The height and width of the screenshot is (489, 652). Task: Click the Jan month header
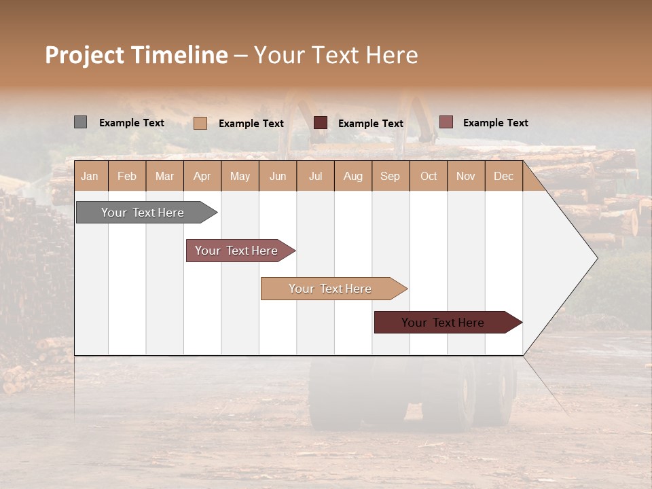point(90,176)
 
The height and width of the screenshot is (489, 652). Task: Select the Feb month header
point(127,176)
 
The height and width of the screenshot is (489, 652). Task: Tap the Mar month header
point(164,176)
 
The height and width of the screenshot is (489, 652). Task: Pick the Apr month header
point(202,176)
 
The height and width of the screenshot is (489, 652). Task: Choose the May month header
point(240,176)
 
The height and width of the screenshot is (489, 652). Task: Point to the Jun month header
point(278,176)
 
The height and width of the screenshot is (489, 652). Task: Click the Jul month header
point(315,176)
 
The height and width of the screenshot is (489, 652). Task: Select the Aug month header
point(352,176)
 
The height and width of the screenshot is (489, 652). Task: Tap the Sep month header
point(390,176)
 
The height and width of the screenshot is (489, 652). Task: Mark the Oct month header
point(429,176)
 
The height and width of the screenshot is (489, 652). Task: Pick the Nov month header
point(466,176)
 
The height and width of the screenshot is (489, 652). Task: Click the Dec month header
point(503,176)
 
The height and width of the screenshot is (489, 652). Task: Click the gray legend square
point(80,122)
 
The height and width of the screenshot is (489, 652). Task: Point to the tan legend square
point(200,123)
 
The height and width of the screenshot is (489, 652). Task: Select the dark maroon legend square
point(321,123)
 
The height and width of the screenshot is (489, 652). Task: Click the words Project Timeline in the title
point(136,55)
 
